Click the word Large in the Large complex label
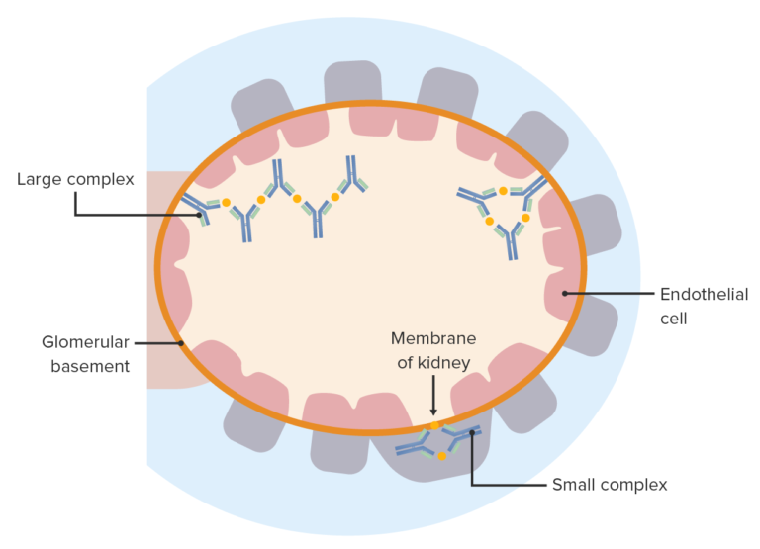tap(38, 180)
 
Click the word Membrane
tap(432, 338)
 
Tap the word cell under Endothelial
tap(674, 319)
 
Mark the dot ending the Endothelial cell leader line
tap(565, 294)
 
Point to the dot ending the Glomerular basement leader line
tap(181, 343)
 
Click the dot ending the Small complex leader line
tap(472, 431)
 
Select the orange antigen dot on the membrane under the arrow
tap(433, 425)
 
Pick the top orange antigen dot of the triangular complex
tap(504, 190)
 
